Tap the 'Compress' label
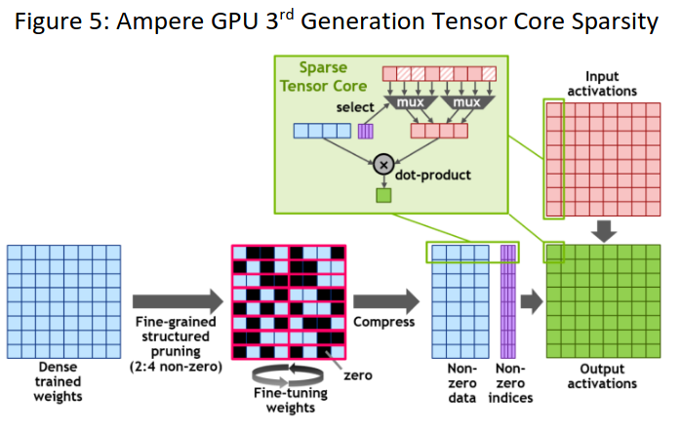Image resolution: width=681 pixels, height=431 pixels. [x=384, y=320]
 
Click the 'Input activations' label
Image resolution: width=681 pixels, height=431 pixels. [x=609, y=83]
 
